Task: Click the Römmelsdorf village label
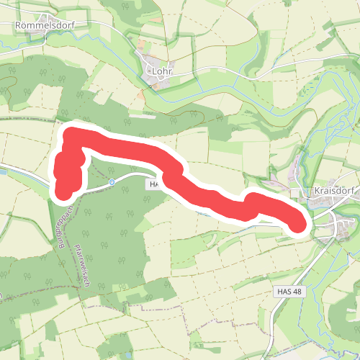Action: pos(45,24)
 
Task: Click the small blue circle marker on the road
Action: pos(112,182)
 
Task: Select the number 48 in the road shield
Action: pos(298,292)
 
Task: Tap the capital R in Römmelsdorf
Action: pos(19,24)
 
